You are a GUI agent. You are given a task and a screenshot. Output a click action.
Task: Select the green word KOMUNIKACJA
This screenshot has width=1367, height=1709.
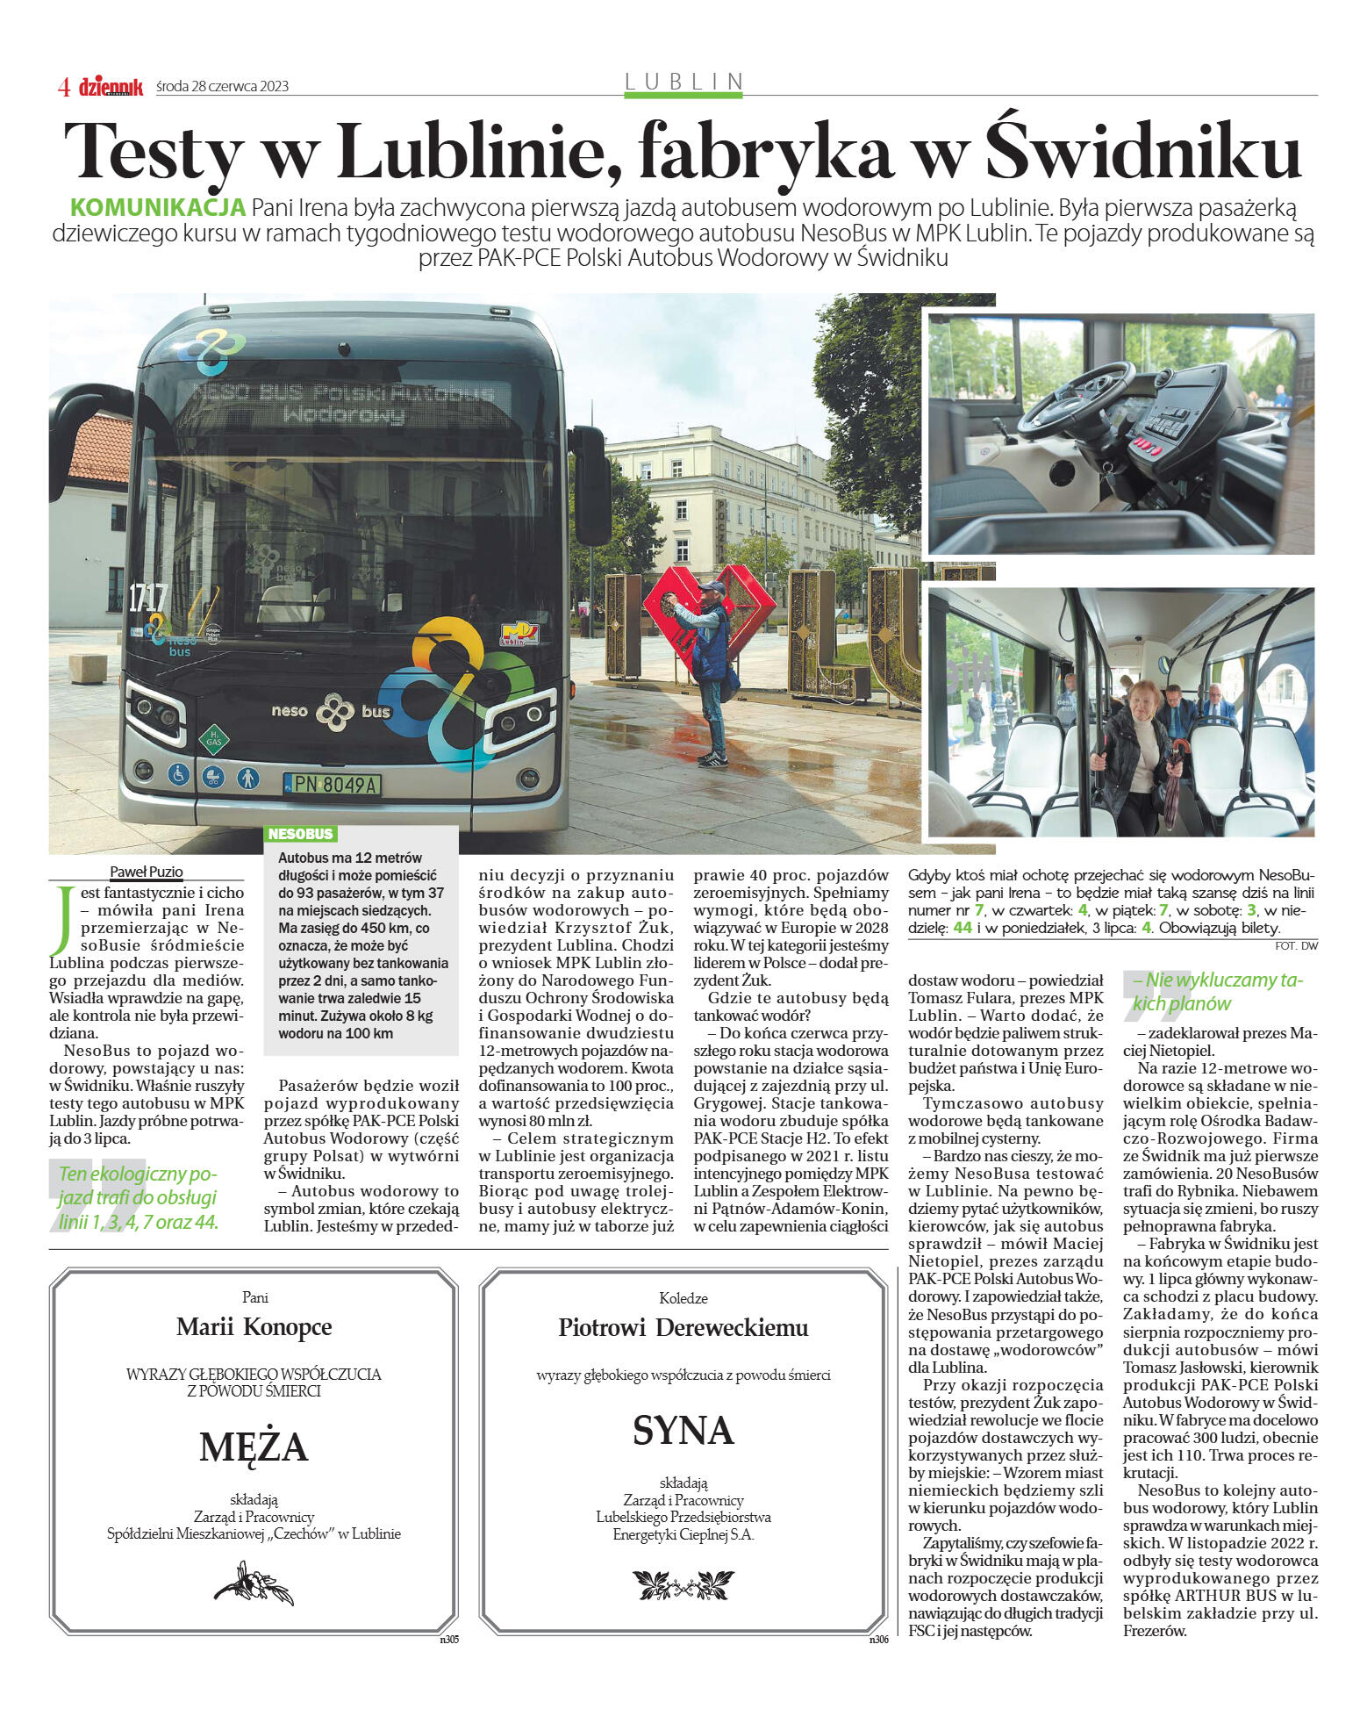[x=157, y=208]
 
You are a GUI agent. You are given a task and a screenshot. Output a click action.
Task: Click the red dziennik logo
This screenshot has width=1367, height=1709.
[x=111, y=86]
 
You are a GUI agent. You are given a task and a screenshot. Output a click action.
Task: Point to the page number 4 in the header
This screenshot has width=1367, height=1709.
[x=64, y=86]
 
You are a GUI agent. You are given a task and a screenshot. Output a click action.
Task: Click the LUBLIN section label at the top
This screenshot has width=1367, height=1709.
[x=683, y=82]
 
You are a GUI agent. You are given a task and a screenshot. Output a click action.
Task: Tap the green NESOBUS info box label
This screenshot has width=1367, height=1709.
[x=300, y=834]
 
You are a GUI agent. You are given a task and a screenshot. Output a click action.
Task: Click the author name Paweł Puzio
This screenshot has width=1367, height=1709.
[x=146, y=872]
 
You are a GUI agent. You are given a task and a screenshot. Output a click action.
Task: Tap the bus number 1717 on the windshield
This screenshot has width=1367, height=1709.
[x=147, y=598]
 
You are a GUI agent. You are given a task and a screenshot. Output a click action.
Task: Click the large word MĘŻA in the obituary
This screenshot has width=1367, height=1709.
[x=254, y=1447]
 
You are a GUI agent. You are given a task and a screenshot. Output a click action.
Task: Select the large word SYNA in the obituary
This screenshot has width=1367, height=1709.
[x=683, y=1431]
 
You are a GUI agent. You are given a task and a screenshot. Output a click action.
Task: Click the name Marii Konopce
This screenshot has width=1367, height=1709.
[x=254, y=1326]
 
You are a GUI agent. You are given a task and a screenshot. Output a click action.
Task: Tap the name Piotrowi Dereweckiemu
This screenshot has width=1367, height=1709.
[x=683, y=1327]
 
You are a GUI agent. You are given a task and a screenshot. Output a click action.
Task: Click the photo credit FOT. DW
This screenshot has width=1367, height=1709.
[x=1296, y=946]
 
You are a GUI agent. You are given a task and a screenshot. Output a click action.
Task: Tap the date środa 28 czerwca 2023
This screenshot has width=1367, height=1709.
[x=222, y=86]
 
